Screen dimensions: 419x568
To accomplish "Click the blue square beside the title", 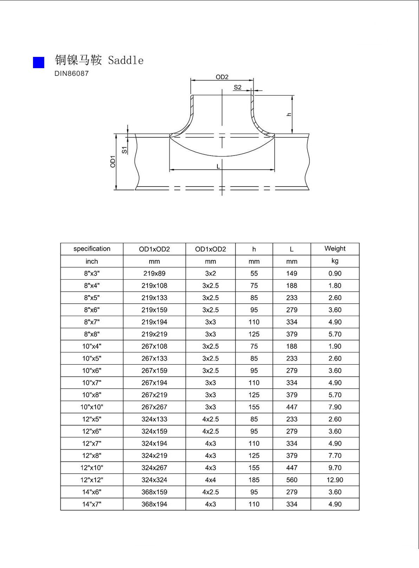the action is pos(38,63).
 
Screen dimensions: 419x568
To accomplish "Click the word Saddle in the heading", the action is pos(125,60).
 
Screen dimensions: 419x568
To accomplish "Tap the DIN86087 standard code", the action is pos(71,73).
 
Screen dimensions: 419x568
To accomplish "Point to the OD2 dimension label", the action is pos(222,77).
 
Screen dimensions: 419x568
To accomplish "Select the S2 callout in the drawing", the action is pos(237,87).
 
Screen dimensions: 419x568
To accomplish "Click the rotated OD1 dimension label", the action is pos(113,162).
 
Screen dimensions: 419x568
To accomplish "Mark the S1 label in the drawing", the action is pos(124,150).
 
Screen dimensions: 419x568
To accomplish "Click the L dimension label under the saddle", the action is pos(218,167).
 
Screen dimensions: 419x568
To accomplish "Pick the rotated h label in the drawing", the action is pos(289,114).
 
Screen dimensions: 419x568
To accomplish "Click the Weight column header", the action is pos(335,248).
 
